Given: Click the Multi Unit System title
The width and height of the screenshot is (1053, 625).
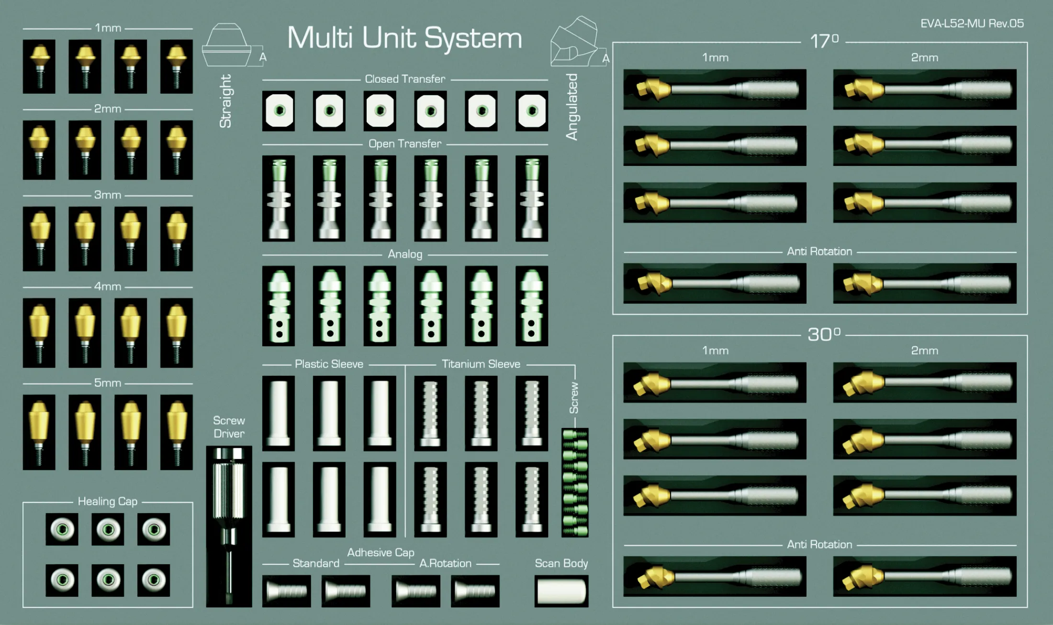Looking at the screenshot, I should pyautogui.click(x=404, y=38).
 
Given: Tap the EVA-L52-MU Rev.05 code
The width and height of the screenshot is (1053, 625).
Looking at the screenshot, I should pyautogui.click(x=972, y=23).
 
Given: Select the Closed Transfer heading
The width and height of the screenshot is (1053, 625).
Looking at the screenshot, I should pyautogui.click(x=405, y=79).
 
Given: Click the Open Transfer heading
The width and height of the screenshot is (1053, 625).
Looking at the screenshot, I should pyautogui.click(x=405, y=143).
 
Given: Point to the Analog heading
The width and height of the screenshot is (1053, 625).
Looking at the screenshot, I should pyautogui.click(x=405, y=254).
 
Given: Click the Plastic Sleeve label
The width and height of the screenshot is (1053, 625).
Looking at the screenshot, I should pyautogui.click(x=329, y=364).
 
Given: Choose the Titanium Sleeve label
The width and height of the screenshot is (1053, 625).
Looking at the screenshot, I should pyautogui.click(x=481, y=364).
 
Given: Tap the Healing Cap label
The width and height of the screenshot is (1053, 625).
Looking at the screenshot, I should pyautogui.click(x=108, y=501).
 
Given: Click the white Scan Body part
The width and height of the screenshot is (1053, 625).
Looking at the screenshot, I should pyautogui.click(x=561, y=591).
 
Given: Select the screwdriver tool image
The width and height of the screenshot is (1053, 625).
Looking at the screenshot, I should pyautogui.click(x=229, y=526).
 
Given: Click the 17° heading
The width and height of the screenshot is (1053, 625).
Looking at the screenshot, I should pyautogui.click(x=824, y=42).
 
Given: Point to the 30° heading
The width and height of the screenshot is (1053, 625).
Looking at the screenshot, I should pyautogui.click(x=824, y=334).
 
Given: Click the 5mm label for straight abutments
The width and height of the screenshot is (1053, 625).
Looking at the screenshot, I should pyautogui.click(x=108, y=383).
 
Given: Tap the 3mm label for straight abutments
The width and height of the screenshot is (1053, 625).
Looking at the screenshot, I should pyautogui.click(x=108, y=195).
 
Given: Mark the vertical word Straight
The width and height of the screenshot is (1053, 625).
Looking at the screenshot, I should pyautogui.click(x=225, y=101).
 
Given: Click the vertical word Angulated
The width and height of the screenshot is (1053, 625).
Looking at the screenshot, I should pyautogui.click(x=572, y=107).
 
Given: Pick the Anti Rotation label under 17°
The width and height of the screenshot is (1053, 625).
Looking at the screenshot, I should pyautogui.click(x=819, y=252).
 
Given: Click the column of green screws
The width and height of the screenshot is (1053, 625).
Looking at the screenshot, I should pyautogui.click(x=575, y=482).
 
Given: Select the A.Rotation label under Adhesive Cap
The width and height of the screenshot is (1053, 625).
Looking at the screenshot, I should pyautogui.click(x=445, y=563).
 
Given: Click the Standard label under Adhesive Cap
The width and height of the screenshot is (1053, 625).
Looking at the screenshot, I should pyautogui.click(x=316, y=563).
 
